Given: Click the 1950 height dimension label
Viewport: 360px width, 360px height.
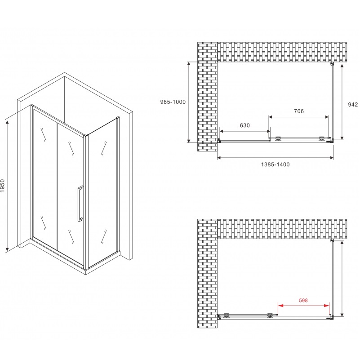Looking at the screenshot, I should pyautogui.click(x=4, y=186).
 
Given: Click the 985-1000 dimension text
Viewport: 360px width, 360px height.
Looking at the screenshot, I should pyautogui.click(x=173, y=102).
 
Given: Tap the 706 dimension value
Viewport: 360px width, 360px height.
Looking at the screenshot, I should pyautogui.click(x=299, y=111).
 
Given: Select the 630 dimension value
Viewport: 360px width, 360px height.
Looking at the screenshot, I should pyautogui.click(x=244, y=125).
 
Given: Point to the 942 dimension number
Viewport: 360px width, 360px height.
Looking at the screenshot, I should pyautogui.click(x=353, y=104).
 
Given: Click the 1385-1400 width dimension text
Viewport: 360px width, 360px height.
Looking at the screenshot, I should pyautogui.click(x=276, y=164).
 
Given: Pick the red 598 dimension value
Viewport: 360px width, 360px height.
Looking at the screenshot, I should pyautogui.click(x=303, y=301).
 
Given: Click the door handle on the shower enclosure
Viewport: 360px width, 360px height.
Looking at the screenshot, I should pyautogui.click(x=80, y=203).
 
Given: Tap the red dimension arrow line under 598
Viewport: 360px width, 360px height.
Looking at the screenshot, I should pyautogui.click(x=304, y=306).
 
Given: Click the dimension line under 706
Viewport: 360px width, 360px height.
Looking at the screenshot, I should pyautogui.click(x=299, y=117).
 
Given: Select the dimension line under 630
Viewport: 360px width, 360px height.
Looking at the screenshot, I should pyautogui.click(x=244, y=132).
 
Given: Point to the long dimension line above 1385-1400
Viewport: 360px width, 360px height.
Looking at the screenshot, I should pyautogui.click(x=276, y=158).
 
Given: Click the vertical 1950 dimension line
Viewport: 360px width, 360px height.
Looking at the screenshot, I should pyautogui.click(x=8, y=185).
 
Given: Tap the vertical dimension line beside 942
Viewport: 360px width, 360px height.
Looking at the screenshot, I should pyautogui.click(x=343, y=101).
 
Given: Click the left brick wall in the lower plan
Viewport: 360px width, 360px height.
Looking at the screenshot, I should pyautogui.click(x=207, y=274).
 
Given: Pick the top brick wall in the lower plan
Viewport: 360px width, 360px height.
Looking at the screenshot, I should pyautogui.click(x=282, y=229).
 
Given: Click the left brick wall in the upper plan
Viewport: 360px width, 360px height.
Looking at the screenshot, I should pyautogui.click(x=207, y=97).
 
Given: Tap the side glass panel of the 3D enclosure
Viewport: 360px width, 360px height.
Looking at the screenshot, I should pyautogui.click(x=102, y=193).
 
